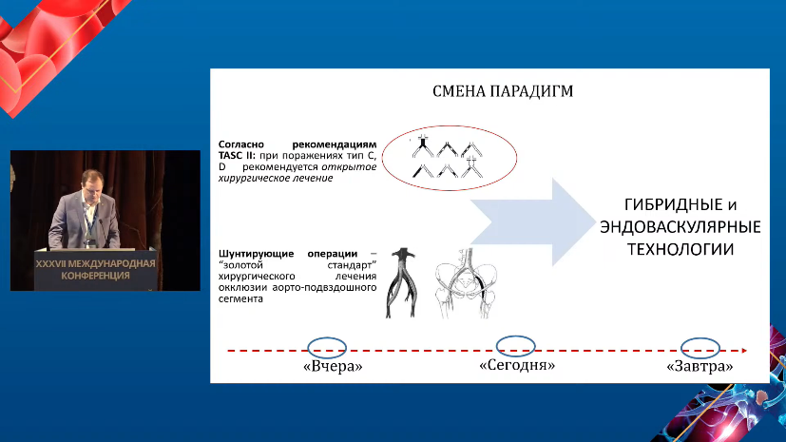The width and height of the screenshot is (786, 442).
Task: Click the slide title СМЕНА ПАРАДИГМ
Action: pos(503,91)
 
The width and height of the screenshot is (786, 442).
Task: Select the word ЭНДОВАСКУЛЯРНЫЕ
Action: pos(681,226)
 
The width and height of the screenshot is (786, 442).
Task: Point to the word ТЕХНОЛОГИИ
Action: pos(681,249)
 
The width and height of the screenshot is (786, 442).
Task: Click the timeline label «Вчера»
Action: pos(333,366)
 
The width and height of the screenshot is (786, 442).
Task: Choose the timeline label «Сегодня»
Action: pos(517,365)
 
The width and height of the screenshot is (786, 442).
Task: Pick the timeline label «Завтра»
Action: pos(700,366)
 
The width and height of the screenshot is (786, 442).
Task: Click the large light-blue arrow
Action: pos(532,221)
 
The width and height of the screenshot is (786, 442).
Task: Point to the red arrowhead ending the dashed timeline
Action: pos(744,351)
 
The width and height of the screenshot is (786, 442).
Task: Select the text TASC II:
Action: pos(237,155)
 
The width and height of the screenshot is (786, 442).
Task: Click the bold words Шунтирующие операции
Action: pos(288,254)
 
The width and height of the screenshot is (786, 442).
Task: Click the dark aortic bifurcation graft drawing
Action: pos(402,282)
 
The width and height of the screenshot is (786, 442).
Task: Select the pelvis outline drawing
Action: pos(467,283)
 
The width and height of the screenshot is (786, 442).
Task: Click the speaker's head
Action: pos(92,183)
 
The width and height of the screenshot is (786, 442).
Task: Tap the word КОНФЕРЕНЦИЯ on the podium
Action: pos(95,275)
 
